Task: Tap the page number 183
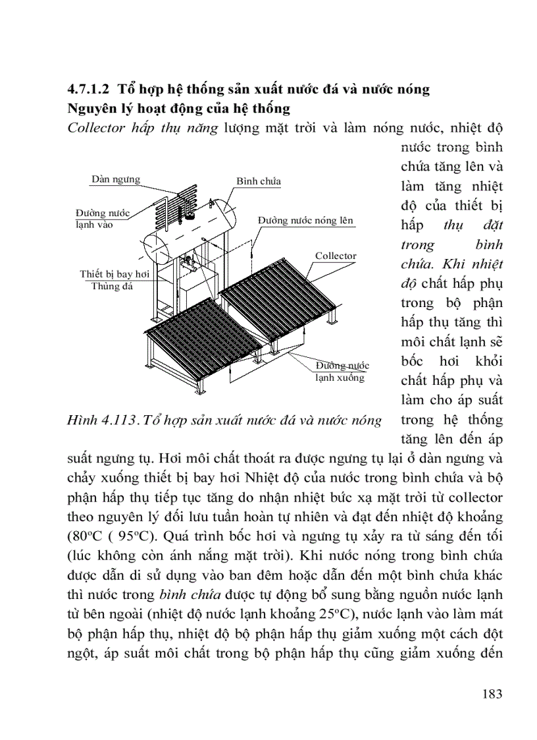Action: click(492, 693)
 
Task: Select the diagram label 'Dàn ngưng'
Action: click(116, 179)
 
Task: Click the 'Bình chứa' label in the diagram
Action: click(259, 181)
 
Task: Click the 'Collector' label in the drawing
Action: click(336, 256)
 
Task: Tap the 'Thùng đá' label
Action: click(112, 286)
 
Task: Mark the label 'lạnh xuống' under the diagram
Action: click(339, 378)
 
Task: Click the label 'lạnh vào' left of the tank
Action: click(94, 225)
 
